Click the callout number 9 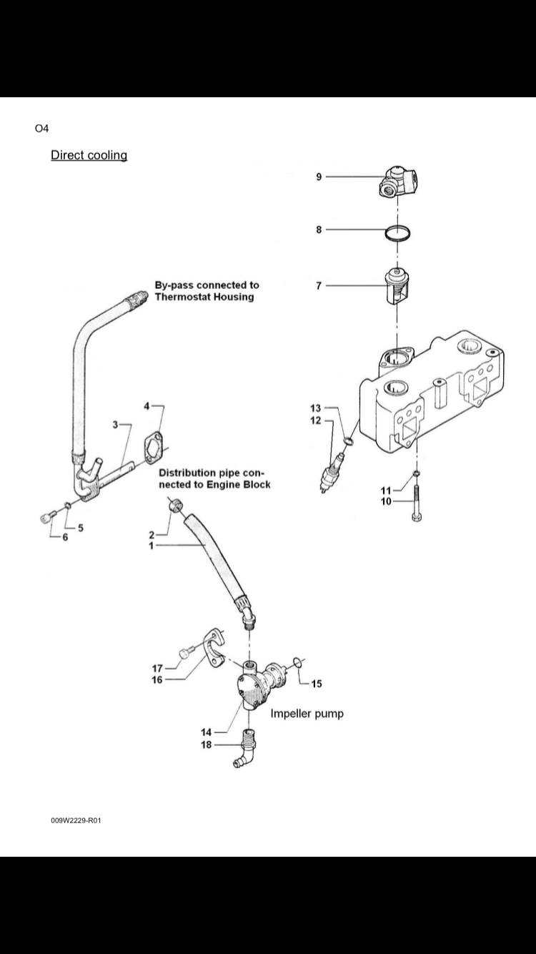tap(319, 177)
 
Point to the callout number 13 tap(316, 408)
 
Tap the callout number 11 tap(386, 490)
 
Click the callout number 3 tap(115, 425)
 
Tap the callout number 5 tap(81, 528)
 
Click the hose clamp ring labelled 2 tap(177, 508)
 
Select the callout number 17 tap(158, 668)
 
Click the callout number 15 tap(317, 684)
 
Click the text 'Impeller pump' tap(307, 714)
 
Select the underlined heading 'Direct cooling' tap(89, 155)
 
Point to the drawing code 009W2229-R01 tap(76, 820)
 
